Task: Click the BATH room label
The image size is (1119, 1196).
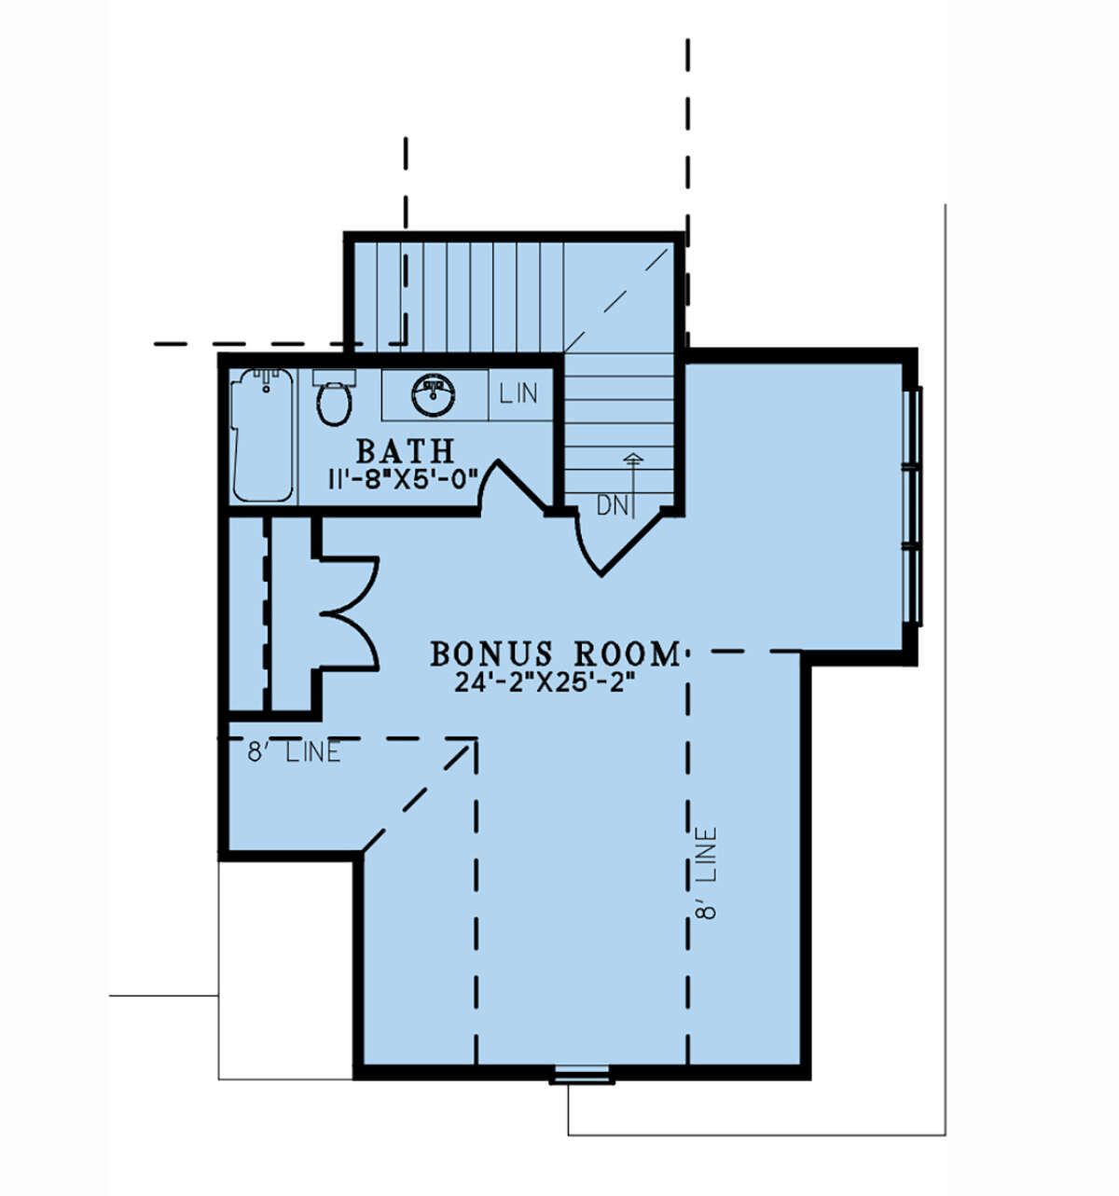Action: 405,450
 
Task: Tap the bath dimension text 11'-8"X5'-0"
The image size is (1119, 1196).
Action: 403,480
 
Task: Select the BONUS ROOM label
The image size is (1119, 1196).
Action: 555,653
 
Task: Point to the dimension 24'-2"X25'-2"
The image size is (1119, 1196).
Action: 546,682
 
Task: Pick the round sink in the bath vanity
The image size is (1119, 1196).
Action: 434,395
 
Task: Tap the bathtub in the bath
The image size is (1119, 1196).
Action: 264,434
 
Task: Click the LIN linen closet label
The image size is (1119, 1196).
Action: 518,393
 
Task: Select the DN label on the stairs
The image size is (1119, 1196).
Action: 613,506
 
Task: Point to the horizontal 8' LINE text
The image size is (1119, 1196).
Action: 294,752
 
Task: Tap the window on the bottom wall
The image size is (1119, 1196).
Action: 582,1074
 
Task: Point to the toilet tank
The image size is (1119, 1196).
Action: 335,378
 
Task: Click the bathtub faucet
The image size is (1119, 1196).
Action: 266,380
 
